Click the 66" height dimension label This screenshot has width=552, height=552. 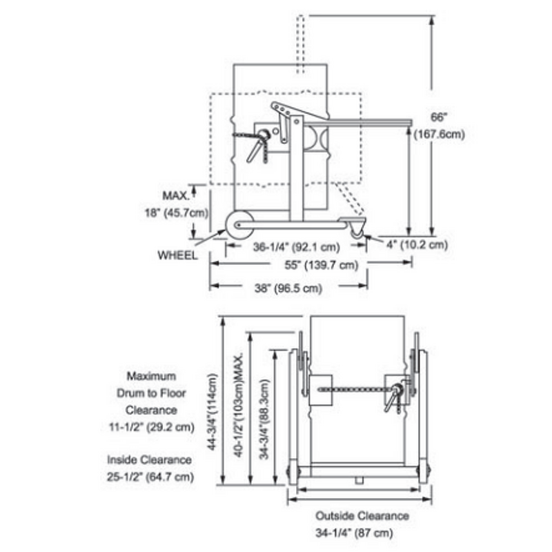click(x=440, y=118)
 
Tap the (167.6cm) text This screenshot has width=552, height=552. click(x=440, y=135)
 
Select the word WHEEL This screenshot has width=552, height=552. click(x=178, y=255)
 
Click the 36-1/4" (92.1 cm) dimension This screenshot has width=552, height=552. click(x=296, y=246)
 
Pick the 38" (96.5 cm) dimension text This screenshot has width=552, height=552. click(x=288, y=289)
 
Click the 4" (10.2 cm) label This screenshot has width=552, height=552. click(x=412, y=244)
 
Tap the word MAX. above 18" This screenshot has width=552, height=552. click(x=175, y=195)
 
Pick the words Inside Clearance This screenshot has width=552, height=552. click(x=149, y=460)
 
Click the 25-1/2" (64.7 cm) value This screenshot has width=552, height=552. click(x=150, y=477)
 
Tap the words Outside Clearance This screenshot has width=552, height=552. click(x=362, y=516)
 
